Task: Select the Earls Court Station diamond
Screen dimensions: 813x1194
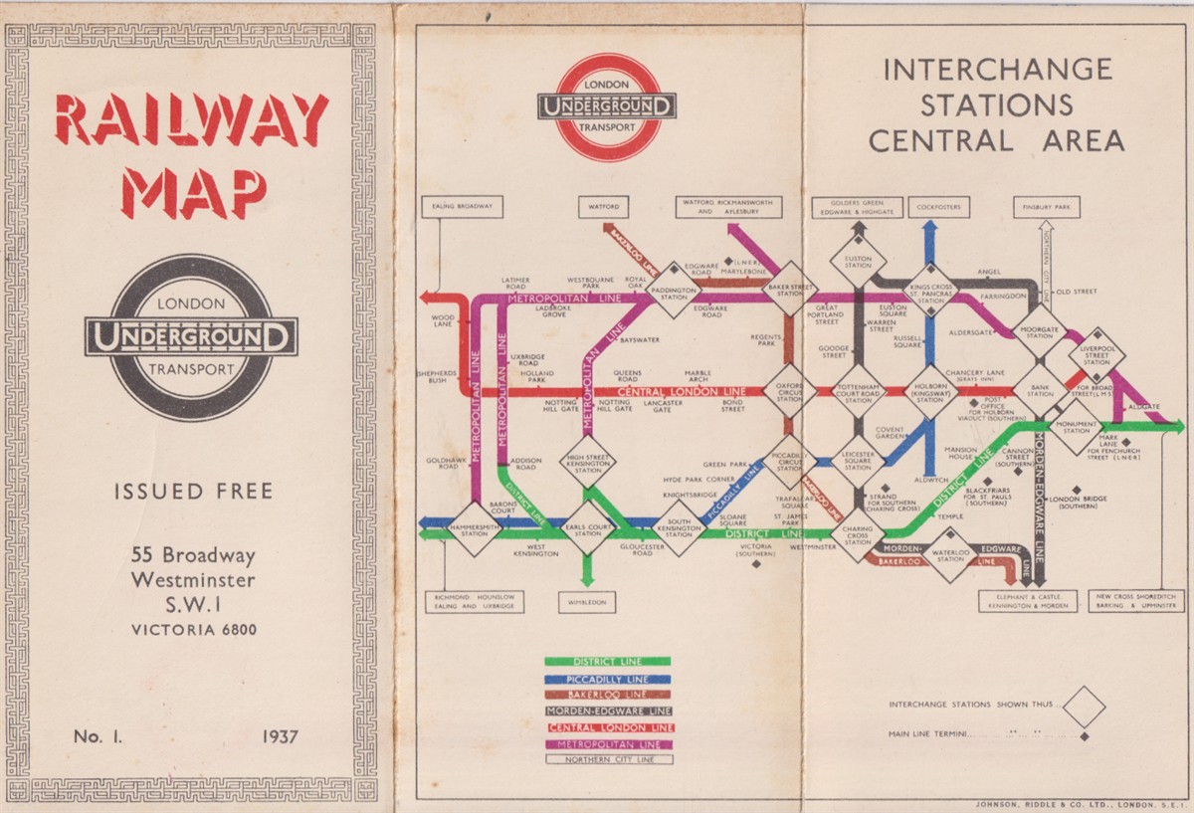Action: [x=587, y=527]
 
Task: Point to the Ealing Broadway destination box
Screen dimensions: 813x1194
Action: [x=462, y=207]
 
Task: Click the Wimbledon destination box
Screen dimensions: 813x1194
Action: [x=587, y=602]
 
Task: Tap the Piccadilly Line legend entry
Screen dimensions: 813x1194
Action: [x=607, y=678]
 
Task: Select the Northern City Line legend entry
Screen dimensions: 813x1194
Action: [x=607, y=759]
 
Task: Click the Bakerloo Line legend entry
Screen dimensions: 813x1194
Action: [x=607, y=694]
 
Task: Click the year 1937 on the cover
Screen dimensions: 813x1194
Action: [x=281, y=737]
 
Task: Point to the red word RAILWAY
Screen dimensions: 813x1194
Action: [x=191, y=120]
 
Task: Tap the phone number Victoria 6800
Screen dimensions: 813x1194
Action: [x=195, y=629]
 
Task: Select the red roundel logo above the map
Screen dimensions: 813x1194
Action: [x=607, y=106]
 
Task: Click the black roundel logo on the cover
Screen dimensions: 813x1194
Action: [x=191, y=337]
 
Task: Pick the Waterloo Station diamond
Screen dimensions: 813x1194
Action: [x=950, y=554]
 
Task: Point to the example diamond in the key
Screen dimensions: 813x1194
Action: [x=1084, y=707]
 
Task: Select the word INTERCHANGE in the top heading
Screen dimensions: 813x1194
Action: [x=997, y=70]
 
